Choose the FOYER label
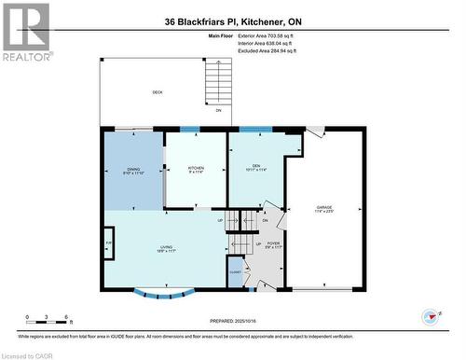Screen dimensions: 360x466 273,245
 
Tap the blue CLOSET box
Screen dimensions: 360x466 234,273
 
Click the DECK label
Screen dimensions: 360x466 158,92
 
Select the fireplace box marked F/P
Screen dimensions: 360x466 109,243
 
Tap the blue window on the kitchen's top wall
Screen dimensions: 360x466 189,129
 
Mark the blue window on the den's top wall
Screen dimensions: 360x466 250,129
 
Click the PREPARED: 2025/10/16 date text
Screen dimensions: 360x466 233,321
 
